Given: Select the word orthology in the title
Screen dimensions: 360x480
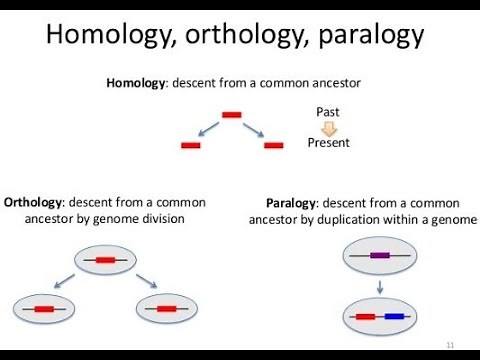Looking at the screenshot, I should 245,36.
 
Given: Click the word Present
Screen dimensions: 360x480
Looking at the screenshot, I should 328,143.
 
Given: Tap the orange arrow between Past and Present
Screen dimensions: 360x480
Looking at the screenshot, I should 328,126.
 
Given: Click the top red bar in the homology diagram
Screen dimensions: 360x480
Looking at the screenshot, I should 232,115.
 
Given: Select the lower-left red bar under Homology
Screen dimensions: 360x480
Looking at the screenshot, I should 191,147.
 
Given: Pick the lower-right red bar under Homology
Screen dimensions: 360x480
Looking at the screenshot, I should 273,147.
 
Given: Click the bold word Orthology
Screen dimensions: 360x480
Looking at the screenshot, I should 36,201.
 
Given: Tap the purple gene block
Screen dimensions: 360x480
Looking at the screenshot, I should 379,256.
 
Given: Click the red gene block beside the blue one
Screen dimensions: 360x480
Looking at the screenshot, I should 365,317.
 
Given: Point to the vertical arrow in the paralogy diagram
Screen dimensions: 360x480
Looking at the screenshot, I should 380,286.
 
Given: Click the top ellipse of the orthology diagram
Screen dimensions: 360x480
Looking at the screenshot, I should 103,260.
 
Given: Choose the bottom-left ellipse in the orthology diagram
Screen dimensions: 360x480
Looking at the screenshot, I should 44,309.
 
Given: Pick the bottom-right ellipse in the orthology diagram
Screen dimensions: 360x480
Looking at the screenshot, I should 165,309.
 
